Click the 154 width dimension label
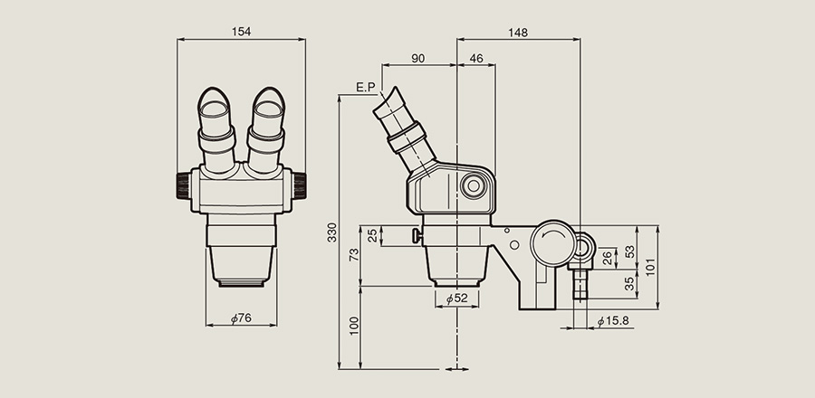(241, 32)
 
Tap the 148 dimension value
(518, 33)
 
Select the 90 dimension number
(417, 59)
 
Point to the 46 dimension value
(476, 59)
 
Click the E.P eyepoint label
(366, 87)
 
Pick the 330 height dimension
(332, 232)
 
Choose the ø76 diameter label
(241, 318)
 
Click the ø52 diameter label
(457, 298)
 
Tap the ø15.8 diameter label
(613, 321)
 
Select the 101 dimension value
(651, 267)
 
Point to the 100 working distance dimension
(354, 326)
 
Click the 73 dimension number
(354, 255)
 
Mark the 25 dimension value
(373, 236)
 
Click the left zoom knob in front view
(184, 185)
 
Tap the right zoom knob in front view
(300, 185)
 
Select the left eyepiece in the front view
(216, 129)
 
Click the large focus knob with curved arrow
(553, 242)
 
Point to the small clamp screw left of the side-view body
(417, 236)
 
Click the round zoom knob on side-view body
(474, 185)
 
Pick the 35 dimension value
(630, 283)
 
